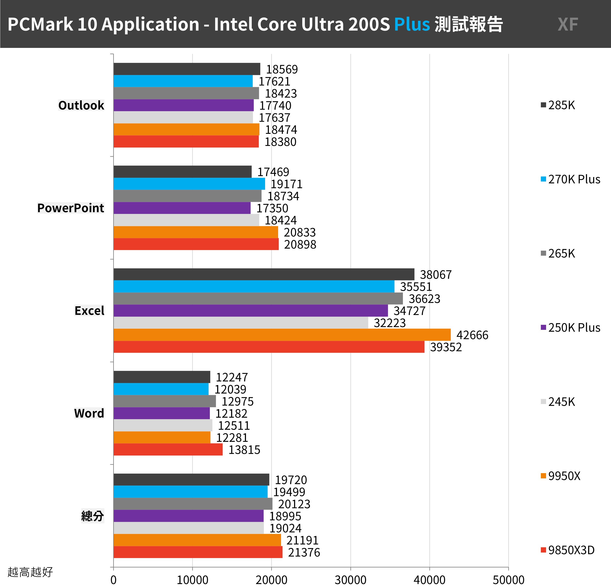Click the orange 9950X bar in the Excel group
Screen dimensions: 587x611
(x=282, y=335)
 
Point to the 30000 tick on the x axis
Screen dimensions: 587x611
(x=350, y=580)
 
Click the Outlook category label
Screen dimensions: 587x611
(x=81, y=105)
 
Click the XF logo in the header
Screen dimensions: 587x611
(x=568, y=24)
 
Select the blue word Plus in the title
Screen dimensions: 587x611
(x=412, y=24)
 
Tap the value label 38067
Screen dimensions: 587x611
(x=435, y=275)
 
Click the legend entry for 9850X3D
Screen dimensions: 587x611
(x=568, y=550)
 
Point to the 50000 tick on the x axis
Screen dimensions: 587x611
(x=509, y=580)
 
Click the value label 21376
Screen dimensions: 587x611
(x=304, y=552)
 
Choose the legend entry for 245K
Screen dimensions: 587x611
(x=558, y=402)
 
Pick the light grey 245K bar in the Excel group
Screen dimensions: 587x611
(x=241, y=323)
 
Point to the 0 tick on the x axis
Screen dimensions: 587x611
(x=113, y=580)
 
